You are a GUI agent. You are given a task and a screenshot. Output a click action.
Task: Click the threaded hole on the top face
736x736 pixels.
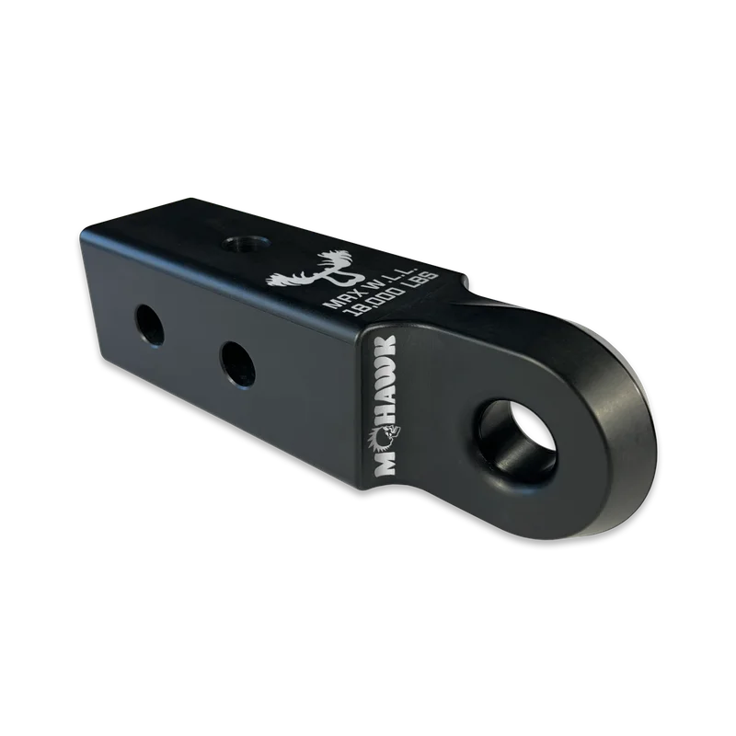point(247,245)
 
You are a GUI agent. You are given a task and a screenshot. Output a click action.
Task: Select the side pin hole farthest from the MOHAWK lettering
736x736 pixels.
point(151,326)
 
